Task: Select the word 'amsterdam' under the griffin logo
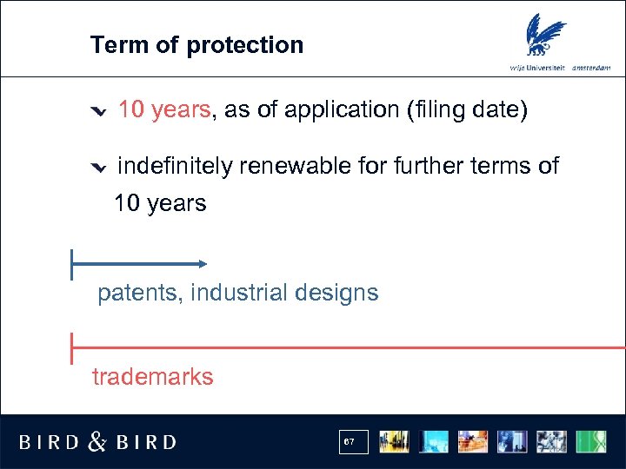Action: [x=591, y=68]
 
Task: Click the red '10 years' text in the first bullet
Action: [x=163, y=109]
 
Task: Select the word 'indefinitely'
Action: [x=174, y=166]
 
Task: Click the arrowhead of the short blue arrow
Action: [x=202, y=263]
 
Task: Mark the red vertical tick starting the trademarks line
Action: [x=71, y=347]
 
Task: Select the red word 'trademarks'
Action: [x=152, y=377]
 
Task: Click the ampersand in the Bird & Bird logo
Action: [x=97, y=442]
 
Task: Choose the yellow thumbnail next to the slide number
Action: [x=394, y=442]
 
